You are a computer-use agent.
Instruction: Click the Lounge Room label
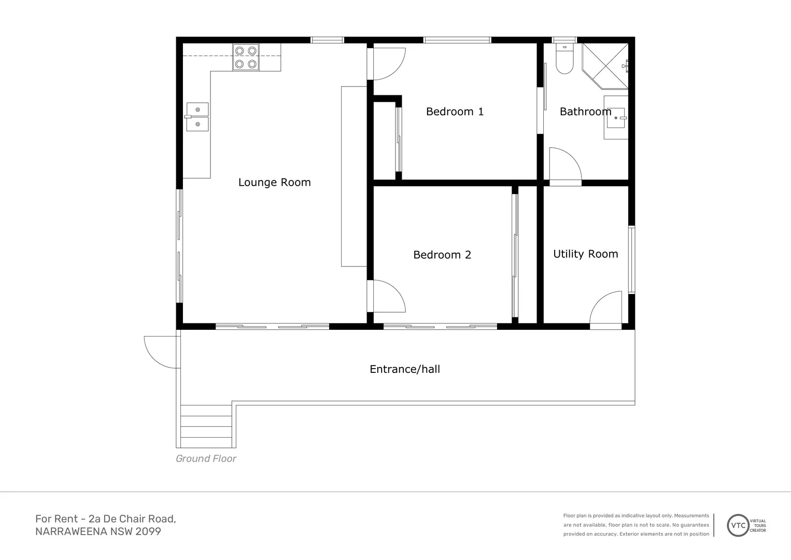pyautogui.click(x=274, y=183)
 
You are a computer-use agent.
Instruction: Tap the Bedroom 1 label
pyautogui.click(x=455, y=111)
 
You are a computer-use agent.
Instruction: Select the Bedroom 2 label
pyautogui.click(x=442, y=255)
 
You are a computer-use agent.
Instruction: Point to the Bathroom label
pyautogui.click(x=585, y=111)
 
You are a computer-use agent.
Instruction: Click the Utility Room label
pyautogui.click(x=585, y=254)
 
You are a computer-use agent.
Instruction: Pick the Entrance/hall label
pyautogui.click(x=404, y=369)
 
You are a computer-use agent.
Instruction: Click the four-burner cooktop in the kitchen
pyautogui.click(x=246, y=58)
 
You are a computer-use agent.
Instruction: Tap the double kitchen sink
pyautogui.click(x=197, y=117)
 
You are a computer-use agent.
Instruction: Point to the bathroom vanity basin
pyautogui.click(x=616, y=118)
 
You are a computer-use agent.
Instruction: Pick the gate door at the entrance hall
pyautogui.click(x=161, y=352)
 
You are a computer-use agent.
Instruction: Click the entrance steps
pyautogui.click(x=206, y=426)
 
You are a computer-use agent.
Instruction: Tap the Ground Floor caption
pyautogui.click(x=206, y=459)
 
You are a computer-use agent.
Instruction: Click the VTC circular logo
pyautogui.click(x=738, y=525)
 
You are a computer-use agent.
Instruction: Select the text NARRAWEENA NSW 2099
pyautogui.click(x=98, y=532)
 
